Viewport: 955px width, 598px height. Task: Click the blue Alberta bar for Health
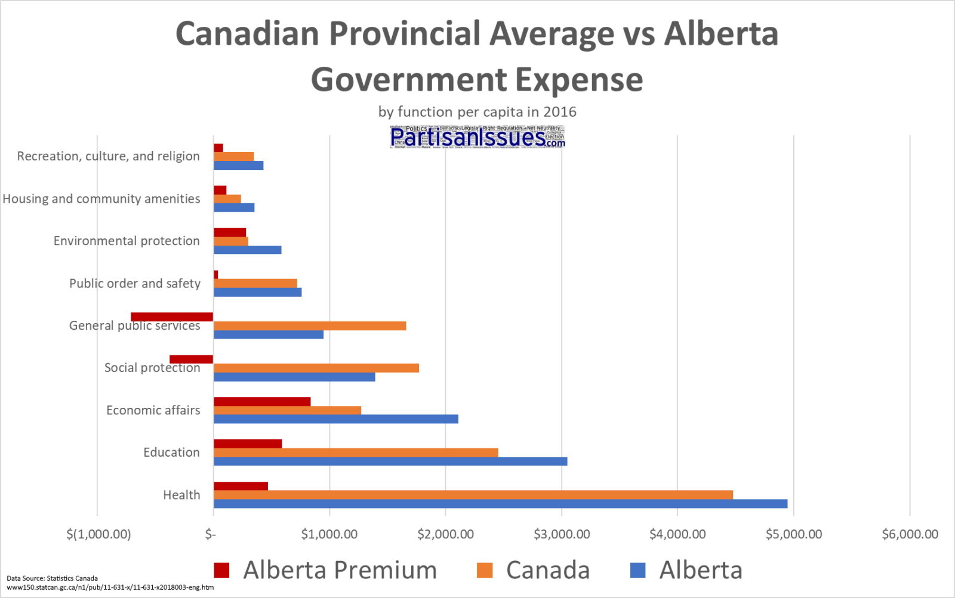(500, 504)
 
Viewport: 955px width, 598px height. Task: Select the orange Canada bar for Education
(356, 453)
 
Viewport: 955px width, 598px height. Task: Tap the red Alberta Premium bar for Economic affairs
(262, 401)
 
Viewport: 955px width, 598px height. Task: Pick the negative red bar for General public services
(172, 317)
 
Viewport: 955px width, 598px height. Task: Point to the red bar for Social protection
(191, 359)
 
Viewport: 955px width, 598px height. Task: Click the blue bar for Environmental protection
(247, 250)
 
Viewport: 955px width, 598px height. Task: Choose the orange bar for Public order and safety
(255, 283)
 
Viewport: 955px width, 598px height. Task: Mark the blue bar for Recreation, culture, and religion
(238, 165)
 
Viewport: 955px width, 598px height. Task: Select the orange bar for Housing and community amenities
(227, 199)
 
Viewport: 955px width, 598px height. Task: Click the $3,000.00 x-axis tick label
(562, 534)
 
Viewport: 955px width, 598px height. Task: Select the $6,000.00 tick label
(910, 534)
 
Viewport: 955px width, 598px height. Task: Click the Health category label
(181, 495)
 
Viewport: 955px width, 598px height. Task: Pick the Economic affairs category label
(153, 410)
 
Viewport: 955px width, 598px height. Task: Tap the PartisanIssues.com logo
(477, 137)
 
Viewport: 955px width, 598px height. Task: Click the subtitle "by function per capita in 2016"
(477, 111)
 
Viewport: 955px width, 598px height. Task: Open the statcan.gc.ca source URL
(110, 587)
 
